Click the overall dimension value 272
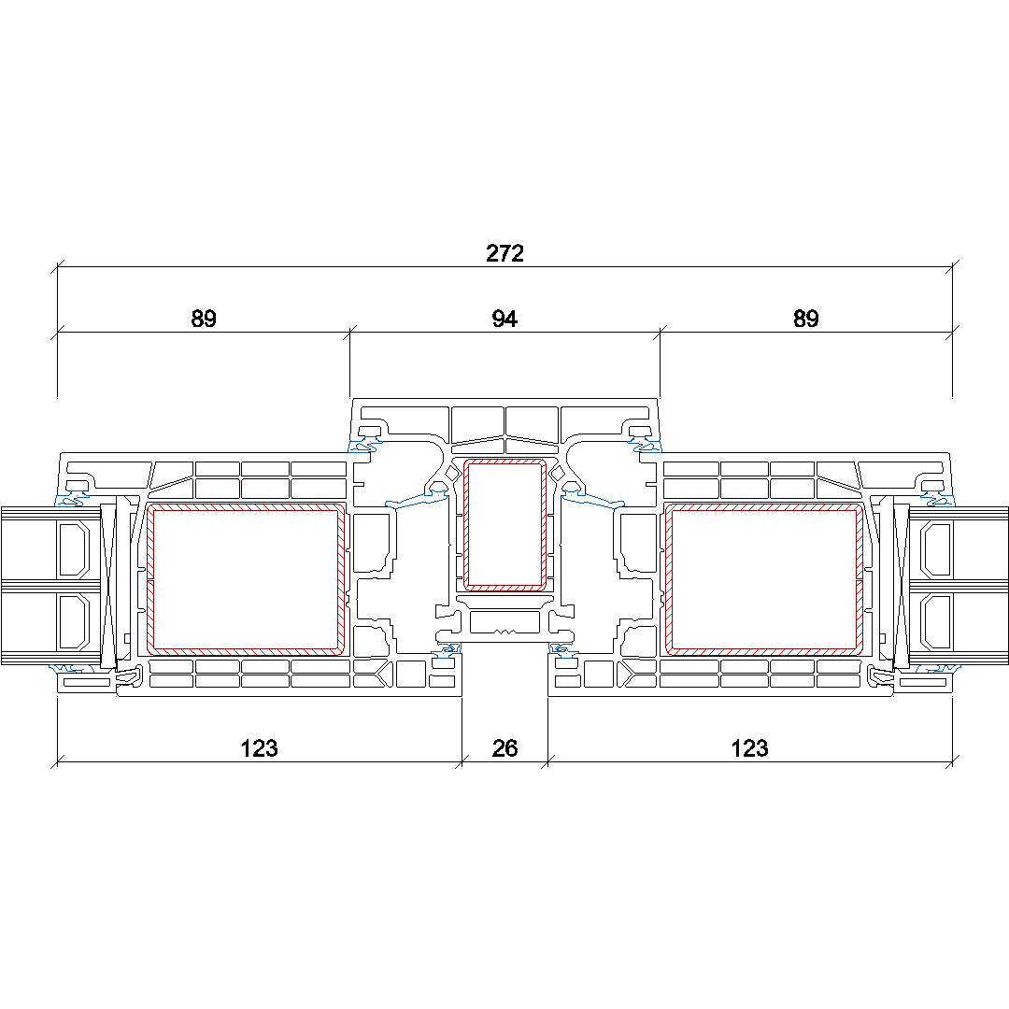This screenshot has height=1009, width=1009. (x=504, y=253)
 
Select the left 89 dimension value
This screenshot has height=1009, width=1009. (x=204, y=319)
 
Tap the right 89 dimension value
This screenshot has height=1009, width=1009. (x=805, y=319)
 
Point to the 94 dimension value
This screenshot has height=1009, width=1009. (x=504, y=319)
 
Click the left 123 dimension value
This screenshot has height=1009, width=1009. (x=260, y=748)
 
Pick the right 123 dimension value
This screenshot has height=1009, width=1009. (x=749, y=748)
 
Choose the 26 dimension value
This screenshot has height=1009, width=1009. (x=504, y=748)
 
